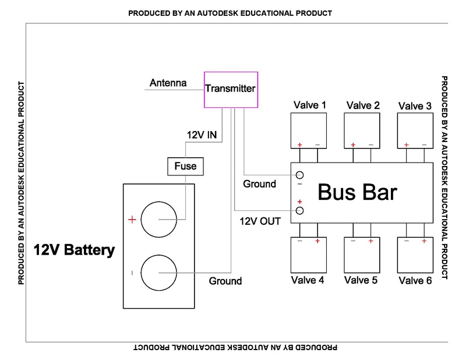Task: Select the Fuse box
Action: tap(186, 167)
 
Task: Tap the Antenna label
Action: tap(168, 83)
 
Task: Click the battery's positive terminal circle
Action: tap(158, 220)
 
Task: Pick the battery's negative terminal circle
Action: tap(158, 273)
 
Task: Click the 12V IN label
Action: tap(202, 135)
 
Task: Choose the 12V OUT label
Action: tap(260, 221)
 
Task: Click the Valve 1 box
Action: tap(309, 131)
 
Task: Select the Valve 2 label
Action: tap(363, 105)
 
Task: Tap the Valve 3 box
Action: tap(415, 131)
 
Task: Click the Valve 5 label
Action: tap(361, 280)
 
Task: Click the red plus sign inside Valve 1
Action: tap(301, 144)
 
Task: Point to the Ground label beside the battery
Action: tap(225, 281)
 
